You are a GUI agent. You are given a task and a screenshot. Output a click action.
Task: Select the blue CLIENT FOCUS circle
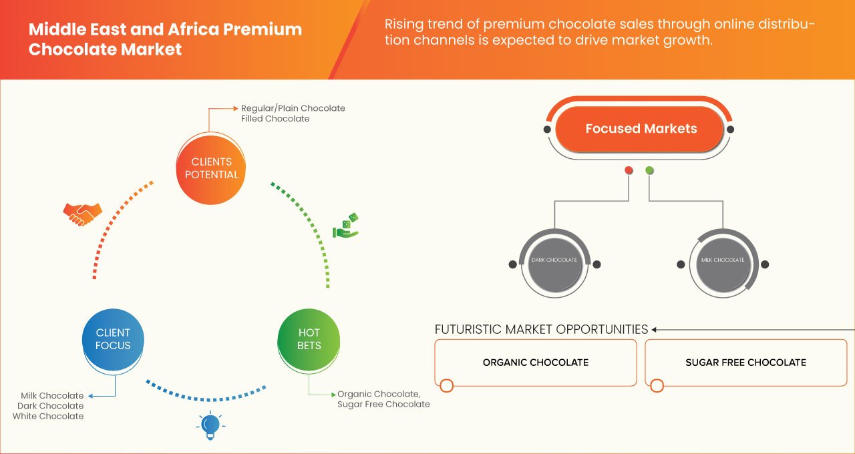pos(113,339)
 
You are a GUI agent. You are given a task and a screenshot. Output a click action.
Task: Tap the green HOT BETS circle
pos(309,339)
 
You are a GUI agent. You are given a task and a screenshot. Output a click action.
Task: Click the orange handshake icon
pos(82,214)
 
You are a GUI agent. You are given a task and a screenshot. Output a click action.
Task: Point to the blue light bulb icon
pos(210,425)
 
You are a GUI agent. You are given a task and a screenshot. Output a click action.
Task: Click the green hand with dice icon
pos(346,226)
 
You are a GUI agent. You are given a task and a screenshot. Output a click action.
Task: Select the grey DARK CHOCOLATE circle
pos(554,260)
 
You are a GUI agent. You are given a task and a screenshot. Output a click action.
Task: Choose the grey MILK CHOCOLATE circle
pos(722,260)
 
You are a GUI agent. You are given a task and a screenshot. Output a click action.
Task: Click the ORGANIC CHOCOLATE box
pos(536,363)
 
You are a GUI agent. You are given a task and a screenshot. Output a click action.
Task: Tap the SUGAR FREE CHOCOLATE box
pos(745,363)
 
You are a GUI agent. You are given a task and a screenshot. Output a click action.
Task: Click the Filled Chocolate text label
pos(275,119)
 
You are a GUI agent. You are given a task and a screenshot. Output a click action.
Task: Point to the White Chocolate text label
pos(48,416)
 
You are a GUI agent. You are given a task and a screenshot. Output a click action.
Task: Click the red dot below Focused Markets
pos(629,171)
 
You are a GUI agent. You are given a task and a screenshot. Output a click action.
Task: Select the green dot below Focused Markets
pos(649,171)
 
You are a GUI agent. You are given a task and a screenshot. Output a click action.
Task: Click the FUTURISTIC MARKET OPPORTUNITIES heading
pos(541,329)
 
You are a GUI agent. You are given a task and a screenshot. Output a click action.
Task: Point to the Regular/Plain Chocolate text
pos(293,108)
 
